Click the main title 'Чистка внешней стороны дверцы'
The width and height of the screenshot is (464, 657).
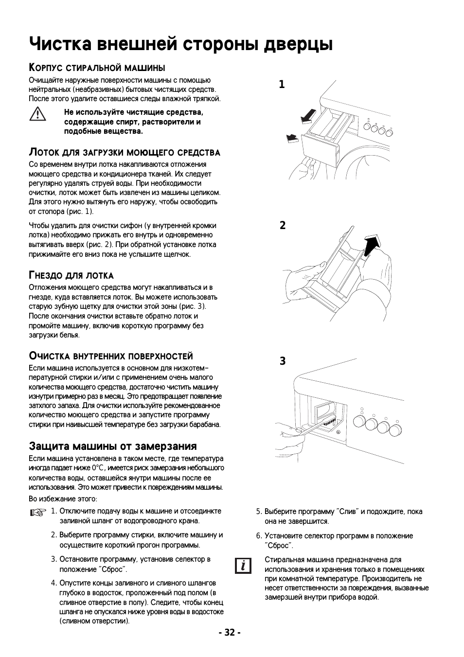[x=181, y=44]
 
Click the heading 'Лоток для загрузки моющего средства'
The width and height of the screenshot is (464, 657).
[x=125, y=152]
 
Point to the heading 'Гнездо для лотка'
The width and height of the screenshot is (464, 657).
[x=71, y=275]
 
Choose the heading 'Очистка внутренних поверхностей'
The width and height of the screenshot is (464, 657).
[x=111, y=356]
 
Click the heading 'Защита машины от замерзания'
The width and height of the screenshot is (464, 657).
[x=113, y=446]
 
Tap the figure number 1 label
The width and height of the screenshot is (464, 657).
[x=282, y=85]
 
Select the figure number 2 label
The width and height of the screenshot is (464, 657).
[x=282, y=225]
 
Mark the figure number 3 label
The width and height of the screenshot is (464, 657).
[x=282, y=361]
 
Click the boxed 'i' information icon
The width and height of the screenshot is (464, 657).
[x=243, y=566]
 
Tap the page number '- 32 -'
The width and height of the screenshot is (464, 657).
[x=230, y=632]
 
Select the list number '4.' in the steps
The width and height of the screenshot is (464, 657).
[x=54, y=583]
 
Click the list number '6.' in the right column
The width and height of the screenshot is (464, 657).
[x=259, y=536]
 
